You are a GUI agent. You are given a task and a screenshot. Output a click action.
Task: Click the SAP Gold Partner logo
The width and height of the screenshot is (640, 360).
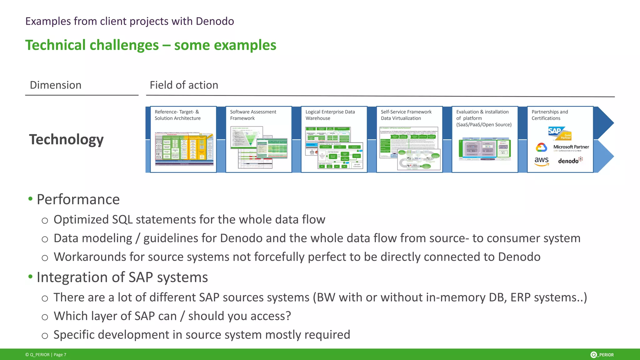click(559, 133)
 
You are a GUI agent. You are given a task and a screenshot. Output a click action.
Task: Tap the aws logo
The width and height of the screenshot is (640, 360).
click(542, 161)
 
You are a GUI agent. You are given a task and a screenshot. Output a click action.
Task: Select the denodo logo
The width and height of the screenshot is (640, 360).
click(570, 161)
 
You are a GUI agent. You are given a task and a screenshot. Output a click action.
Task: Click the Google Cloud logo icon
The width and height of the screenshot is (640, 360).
click(541, 147)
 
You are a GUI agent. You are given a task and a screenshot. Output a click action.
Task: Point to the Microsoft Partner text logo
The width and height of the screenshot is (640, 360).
click(571, 147)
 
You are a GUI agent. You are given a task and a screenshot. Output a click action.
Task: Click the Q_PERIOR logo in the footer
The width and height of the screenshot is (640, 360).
click(602, 355)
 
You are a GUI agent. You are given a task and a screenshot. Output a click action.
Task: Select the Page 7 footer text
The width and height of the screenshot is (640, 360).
click(60, 355)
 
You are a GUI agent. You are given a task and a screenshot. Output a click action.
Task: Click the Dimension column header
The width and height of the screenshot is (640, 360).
click(56, 85)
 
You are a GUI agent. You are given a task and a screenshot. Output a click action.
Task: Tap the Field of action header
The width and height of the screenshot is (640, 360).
click(184, 85)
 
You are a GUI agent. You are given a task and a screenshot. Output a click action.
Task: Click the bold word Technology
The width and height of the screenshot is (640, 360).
click(66, 139)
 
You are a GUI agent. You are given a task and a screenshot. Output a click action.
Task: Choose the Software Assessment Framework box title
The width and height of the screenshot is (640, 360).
click(253, 115)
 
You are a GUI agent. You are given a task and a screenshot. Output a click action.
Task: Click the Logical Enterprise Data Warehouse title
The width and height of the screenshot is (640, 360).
click(330, 115)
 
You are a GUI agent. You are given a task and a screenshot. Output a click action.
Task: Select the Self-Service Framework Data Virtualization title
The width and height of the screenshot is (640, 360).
click(406, 115)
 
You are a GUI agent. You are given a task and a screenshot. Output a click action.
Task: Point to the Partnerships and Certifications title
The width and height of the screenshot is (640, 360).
click(549, 115)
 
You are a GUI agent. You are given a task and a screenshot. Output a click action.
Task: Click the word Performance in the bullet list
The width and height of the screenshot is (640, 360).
click(78, 199)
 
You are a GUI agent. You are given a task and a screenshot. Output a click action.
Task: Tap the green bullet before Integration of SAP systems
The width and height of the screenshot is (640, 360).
click(30, 277)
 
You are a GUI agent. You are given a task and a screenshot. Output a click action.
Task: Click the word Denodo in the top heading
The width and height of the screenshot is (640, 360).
click(215, 21)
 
